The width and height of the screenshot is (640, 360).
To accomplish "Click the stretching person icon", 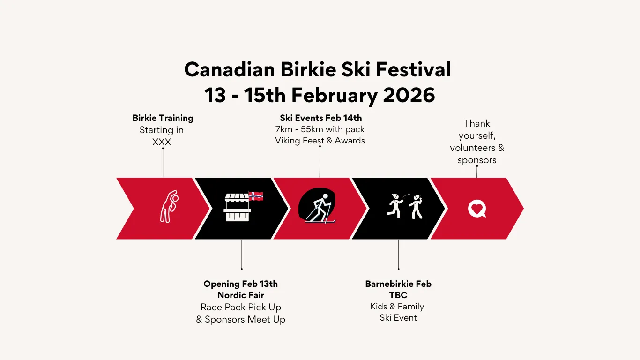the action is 169,206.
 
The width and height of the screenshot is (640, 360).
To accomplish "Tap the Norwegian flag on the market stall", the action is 256,196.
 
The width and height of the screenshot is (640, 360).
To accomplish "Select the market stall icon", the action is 237,207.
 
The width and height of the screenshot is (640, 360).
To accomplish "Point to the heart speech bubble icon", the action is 477,209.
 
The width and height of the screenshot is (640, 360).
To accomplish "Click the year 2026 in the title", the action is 409,95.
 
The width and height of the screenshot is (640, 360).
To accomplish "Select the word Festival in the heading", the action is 413,69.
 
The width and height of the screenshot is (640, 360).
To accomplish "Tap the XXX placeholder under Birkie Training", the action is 162,142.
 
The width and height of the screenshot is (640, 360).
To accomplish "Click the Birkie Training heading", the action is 163,118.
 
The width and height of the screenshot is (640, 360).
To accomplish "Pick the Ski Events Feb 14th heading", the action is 321,118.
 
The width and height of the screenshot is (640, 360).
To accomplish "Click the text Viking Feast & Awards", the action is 320,141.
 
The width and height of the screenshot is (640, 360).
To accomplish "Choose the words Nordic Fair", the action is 241,295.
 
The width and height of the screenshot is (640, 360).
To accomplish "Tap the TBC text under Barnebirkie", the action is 398,295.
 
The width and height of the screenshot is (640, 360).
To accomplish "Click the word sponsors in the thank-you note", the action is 477,160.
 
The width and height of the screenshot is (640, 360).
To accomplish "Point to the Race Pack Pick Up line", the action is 241,307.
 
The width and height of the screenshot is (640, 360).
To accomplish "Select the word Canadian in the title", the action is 230,69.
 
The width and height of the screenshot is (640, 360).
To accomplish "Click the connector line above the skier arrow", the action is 320,162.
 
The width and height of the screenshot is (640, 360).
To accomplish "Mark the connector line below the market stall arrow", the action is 242,255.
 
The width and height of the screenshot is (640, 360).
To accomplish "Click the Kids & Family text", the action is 397,307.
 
